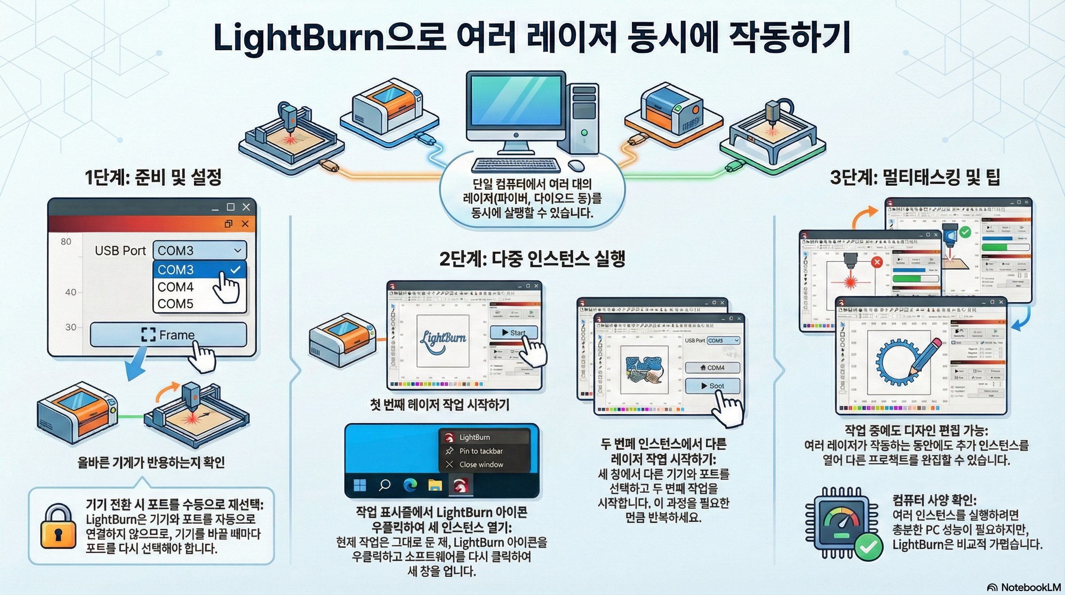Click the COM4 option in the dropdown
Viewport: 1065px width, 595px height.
coord(176,287)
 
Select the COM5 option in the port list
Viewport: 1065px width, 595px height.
coord(176,304)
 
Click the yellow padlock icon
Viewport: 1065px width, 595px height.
coord(58,526)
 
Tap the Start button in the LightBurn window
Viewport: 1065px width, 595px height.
coord(514,333)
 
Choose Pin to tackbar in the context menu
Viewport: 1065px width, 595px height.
coord(481,451)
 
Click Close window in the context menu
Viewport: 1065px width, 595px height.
coord(481,465)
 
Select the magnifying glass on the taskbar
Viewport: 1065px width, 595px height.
coord(385,485)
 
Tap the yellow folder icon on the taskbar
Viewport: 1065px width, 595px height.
coord(435,485)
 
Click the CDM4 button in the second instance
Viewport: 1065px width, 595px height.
coord(712,368)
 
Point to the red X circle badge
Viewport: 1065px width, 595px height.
coord(877,262)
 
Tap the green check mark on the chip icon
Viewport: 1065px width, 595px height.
coord(868,547)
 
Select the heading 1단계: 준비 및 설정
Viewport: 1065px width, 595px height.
coord(153,177)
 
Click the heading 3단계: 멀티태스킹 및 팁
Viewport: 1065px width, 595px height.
coord(914,177)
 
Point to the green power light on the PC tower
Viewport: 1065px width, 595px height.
coord(584,133)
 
